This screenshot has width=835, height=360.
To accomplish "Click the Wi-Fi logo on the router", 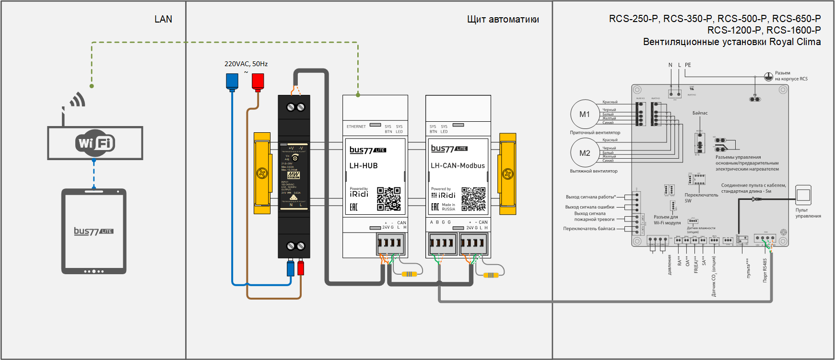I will point(95,143).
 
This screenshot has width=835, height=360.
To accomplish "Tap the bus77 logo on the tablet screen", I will point(94,231).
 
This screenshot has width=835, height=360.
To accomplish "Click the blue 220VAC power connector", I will point(232,81).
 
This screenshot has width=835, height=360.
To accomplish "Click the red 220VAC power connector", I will point(258,81).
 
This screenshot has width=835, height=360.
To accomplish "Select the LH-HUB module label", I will point(364,166).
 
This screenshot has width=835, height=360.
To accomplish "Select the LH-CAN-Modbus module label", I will point(458,166).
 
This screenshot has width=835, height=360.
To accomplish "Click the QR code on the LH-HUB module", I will point(388,199).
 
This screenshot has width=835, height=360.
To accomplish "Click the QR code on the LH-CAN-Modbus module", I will point(473,199).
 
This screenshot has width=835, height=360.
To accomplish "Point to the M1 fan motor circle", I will point(584,114).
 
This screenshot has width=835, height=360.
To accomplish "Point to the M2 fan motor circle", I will point(584,153).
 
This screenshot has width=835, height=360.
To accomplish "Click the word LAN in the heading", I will point(163,19).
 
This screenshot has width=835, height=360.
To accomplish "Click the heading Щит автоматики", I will point(503,19).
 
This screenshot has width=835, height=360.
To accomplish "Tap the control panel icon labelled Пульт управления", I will point(803,195).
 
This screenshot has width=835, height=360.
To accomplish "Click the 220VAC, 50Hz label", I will point(246,64).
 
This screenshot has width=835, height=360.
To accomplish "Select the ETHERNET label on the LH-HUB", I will point(356,127).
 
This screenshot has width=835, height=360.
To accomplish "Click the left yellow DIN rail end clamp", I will point(262,173).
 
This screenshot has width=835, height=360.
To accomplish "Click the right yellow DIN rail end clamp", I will point(507,173).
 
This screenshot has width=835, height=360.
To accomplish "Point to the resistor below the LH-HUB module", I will point(409,274).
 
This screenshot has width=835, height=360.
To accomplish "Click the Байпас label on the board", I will point(700,113).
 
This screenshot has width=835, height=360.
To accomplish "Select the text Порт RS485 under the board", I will point(765,270).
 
